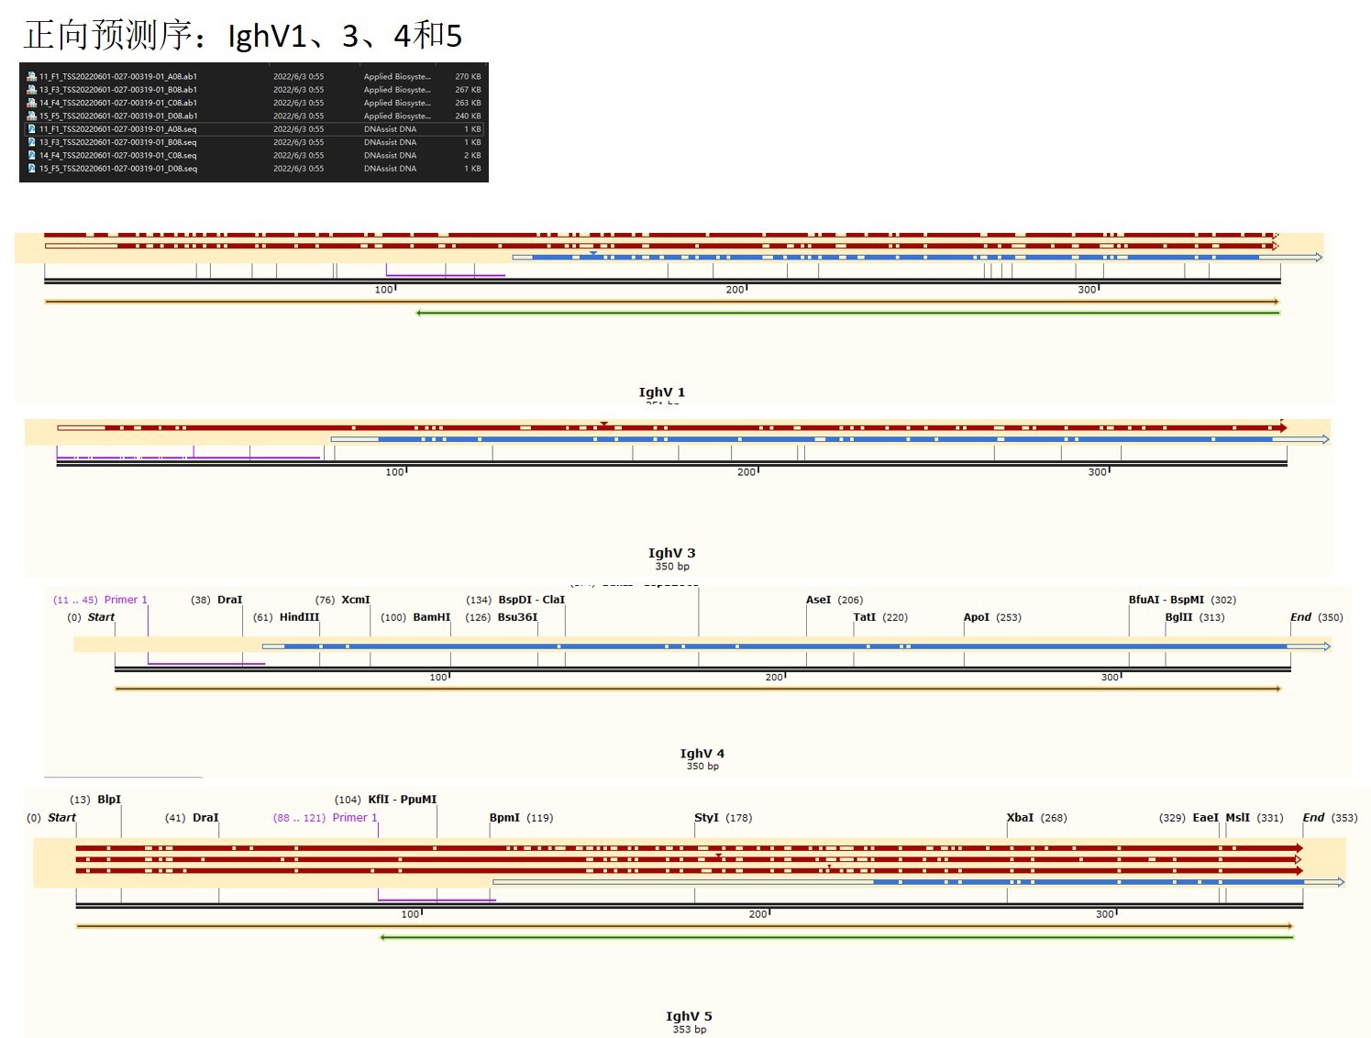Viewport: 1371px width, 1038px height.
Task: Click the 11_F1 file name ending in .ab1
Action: coord(117,76)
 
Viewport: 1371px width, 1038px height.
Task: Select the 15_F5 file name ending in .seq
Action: coord(117,169)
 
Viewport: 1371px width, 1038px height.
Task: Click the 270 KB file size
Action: coord(468,76)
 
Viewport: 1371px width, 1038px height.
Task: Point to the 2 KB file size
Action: coord(472,155)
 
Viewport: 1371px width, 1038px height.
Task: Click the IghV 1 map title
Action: coord(661,392)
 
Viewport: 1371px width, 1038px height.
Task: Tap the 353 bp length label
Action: coord(689,1030)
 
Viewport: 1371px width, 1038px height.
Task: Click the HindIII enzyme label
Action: coord(299,617)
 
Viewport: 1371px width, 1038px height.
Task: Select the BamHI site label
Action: coord(431,617)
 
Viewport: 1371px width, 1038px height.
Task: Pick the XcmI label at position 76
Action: coord(355,600)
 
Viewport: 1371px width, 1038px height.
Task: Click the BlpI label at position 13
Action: coord(109,800)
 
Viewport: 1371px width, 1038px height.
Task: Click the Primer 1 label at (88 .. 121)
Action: coord(354,818)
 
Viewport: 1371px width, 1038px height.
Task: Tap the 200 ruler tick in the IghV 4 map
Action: coord(774,678)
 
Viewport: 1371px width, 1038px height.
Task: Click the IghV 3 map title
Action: coord(671,553)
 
